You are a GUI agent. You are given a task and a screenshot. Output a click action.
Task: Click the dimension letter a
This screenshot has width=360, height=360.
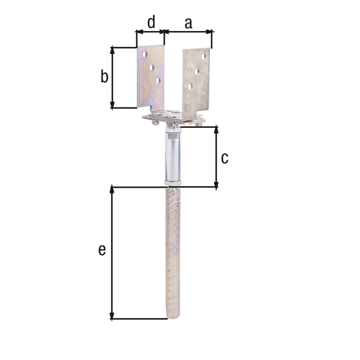pyautogui.click(x=188, y=23)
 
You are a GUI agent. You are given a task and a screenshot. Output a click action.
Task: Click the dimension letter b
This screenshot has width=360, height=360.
pyautogui.click(x=104, y=77)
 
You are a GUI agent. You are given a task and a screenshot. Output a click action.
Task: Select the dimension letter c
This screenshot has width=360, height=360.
pyautogui.click(x=224, y=158)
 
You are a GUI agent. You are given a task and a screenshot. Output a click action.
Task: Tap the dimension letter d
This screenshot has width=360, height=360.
pyautogui.click(x=151, y=22)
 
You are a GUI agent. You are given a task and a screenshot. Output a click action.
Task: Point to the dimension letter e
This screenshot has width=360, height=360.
pyautogui.click(x=102, y=250)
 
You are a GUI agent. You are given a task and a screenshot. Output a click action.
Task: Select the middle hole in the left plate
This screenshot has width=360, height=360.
pyautogui.click(x=151, y=67)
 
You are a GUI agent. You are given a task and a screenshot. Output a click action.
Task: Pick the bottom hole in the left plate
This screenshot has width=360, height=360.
pyautogui.click(x=158, y=80)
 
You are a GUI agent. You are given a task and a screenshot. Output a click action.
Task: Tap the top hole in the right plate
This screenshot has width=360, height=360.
pyautogui.click(x=204, y=56)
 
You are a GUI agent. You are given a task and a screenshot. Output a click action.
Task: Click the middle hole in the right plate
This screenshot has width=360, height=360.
pyautogui.click(x=197, y=71)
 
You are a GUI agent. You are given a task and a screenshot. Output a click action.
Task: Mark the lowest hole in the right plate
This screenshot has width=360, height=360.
pyautogui.click(x=190, y=86)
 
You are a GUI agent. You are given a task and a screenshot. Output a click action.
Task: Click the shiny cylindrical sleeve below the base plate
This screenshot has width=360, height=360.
pyautogui.click(x=172, y=156)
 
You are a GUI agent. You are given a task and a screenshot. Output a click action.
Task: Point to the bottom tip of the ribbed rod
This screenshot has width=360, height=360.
pyautogui.click(x=173, y=317)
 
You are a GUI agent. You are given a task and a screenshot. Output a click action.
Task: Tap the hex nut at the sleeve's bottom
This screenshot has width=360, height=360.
pyautogui.click(x=172, y=182)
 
